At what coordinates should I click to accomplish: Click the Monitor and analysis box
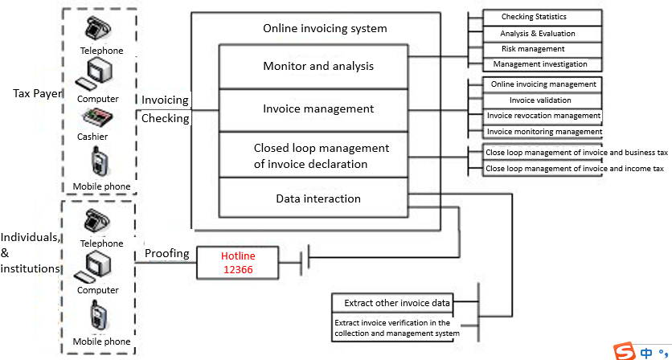click(x=318, y=66)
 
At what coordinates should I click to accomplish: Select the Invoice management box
click(x=318, y=108)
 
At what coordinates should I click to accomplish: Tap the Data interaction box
click(x=318, y=198)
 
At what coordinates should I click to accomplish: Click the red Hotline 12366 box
click(x=238, y=263)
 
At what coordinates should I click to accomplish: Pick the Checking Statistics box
click(x=534, y=17)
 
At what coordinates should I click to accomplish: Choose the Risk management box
click(x=534, y=49)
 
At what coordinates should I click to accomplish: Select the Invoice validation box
click(x=540, y=100)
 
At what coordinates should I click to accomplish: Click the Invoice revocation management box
click(x=543, y=116)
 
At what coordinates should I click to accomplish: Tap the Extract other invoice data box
click(x=392, y=303)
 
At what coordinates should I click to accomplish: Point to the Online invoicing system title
click(x=325, y=29)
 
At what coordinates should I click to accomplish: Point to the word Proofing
click(x=167, y=254)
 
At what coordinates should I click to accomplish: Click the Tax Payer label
click(x=37, y=93)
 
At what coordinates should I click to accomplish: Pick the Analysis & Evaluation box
click(x=534, y=33)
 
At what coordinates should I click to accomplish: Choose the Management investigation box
click(x=540, y=64)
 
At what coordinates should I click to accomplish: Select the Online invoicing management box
click(x=543, y=84)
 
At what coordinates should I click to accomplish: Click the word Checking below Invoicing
click(x=165, y=119)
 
